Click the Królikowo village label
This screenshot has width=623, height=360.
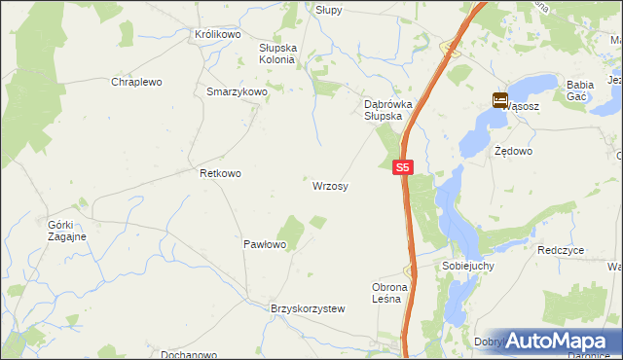click(x=217, y=34)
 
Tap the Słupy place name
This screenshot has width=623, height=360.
click(x=328, y=9)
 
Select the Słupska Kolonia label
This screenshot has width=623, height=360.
click(x=276, y=53)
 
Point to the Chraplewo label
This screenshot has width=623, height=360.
click(x=135, y=83)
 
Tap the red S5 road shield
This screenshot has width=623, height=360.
click(x=405, y=168)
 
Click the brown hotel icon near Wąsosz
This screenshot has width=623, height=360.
click(x=499, y=99)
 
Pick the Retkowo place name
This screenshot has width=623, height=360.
click(x=220, y=173)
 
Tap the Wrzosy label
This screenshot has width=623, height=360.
click(x=331, y=185)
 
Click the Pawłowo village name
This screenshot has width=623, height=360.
click(x=264, y=244)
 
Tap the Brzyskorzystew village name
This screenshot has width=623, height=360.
click(x=308, y=308)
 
